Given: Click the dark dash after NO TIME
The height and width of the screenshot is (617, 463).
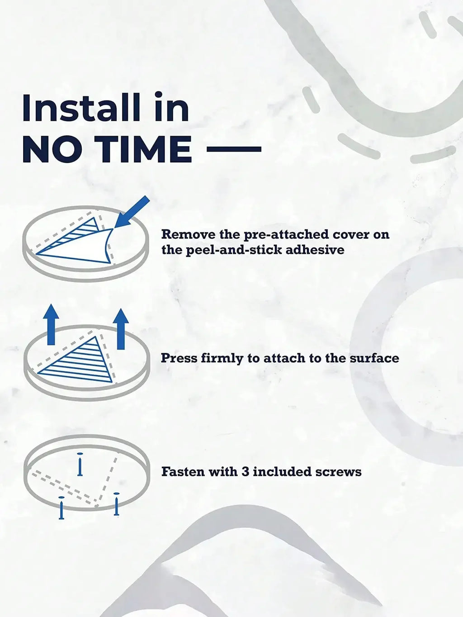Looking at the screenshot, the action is [x=234, y=149].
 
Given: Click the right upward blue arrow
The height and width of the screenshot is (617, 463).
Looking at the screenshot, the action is [x=121, y=328].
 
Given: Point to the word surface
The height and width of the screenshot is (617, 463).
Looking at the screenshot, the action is [x=374, y=358].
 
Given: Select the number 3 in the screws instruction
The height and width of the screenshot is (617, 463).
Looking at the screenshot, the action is [x=245, y=472].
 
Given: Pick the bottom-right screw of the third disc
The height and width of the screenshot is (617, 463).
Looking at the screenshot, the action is [x=117, y=504].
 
